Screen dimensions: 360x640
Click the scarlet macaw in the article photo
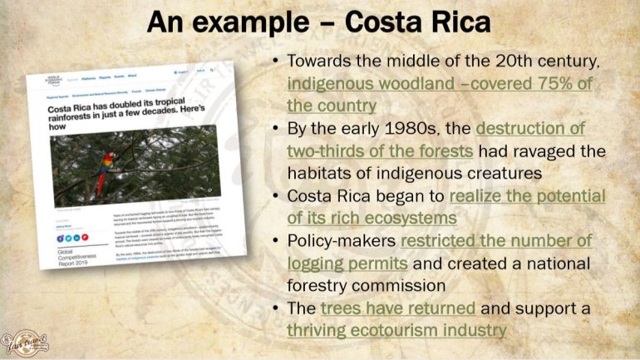[104, 170]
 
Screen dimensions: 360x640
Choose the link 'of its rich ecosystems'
[372, 219]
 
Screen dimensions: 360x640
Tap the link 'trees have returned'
[398, 309]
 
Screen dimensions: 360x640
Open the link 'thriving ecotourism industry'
[396, 331]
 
